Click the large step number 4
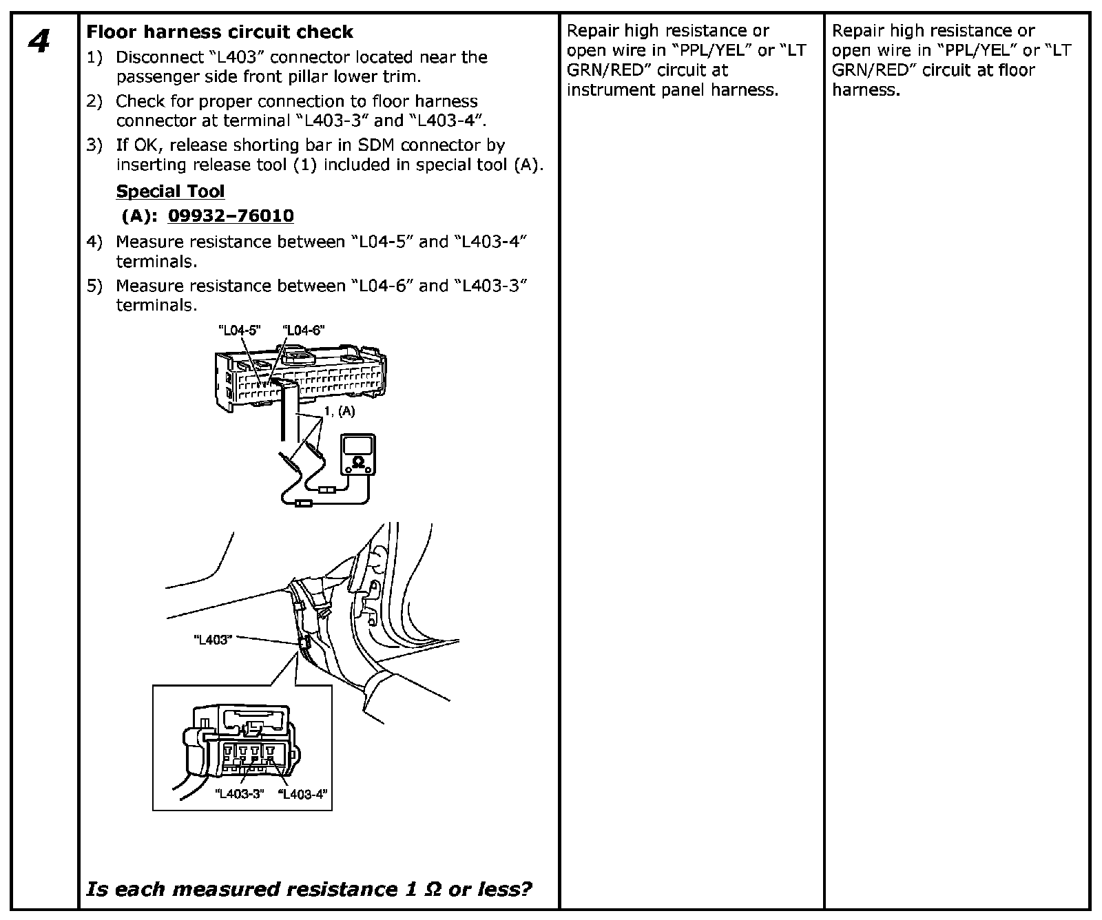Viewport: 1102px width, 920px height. (x=39, y=42)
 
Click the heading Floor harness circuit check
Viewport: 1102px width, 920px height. (x=219, y=32)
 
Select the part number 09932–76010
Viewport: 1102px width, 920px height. (x=231, y=216)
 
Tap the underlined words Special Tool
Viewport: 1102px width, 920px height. (x=170, y=191)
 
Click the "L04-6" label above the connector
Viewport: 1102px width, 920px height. (x=302, y=331)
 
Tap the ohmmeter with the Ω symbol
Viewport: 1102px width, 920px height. (x=358, y=454)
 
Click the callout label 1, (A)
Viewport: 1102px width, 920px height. (x=339, y=412)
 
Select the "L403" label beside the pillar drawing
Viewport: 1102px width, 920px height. (x=212, y=640)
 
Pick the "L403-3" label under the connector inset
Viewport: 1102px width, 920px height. (x=240, y=794)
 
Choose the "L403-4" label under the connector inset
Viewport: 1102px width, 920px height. (x=303, y=794)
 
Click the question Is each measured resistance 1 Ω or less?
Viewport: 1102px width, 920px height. (x=309, y=889)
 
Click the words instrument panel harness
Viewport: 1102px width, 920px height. (x=672, y=90)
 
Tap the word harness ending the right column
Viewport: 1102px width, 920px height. (x=865, y=90)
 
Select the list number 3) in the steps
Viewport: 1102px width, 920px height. (x=94, y=145)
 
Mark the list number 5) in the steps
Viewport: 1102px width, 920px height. (x=94, y=286)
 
